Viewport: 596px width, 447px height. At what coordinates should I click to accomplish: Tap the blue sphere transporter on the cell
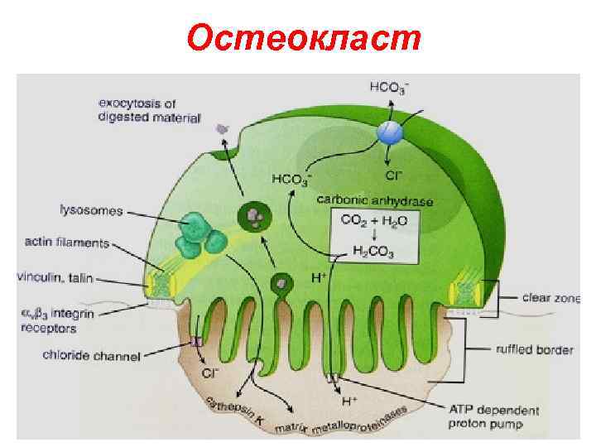(x=389, y=132)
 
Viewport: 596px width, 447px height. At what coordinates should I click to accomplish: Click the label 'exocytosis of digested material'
(x=149, y=111)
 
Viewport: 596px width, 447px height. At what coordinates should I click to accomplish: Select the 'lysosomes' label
(x=90, y=211)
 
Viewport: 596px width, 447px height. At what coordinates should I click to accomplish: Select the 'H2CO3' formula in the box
(x=374, y=252)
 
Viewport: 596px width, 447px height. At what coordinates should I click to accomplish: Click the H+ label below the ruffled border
(x=350, y=401)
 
